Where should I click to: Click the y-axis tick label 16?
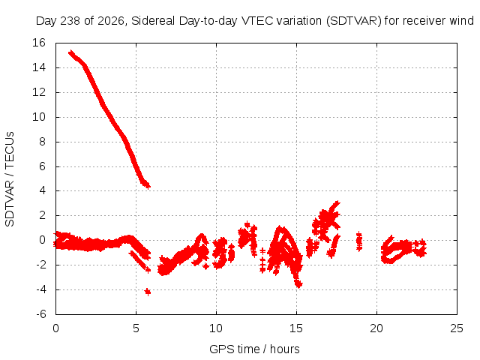[39, 43]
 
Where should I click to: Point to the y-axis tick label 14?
[39, 67]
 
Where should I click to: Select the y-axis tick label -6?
[40, 314]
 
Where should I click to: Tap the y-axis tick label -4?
[40, 289]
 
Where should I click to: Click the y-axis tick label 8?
[42, 142]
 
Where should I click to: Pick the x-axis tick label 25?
[457, 328]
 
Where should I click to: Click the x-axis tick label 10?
[216, 328]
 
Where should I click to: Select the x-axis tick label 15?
[296, 328]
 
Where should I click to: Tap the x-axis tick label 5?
[136, 328]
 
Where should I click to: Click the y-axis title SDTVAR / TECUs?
[10, 179]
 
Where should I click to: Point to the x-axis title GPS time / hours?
[254, 349]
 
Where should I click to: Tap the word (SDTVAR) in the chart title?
[353, 21]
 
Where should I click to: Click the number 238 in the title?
[70, 21]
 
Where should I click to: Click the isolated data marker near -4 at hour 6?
[148, 292]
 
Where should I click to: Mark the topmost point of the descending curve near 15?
[71, 52]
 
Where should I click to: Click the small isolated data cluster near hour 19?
[359, 241]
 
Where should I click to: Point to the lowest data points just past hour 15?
[298, 284]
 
